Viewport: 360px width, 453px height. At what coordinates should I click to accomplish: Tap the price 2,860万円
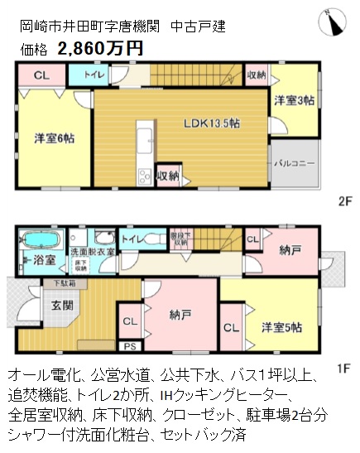coord(100,47)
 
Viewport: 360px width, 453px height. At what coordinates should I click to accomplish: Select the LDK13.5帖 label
coord(212,123)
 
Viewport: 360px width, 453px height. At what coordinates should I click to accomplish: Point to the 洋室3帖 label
coord(294,99)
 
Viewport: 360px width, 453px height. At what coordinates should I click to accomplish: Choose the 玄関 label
coord(39,305)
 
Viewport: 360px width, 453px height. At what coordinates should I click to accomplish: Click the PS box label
coord(129,346)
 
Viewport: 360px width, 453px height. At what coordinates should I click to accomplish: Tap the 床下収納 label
coord(81,265)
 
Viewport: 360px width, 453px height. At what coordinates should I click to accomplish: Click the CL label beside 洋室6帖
coord(40,75)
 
